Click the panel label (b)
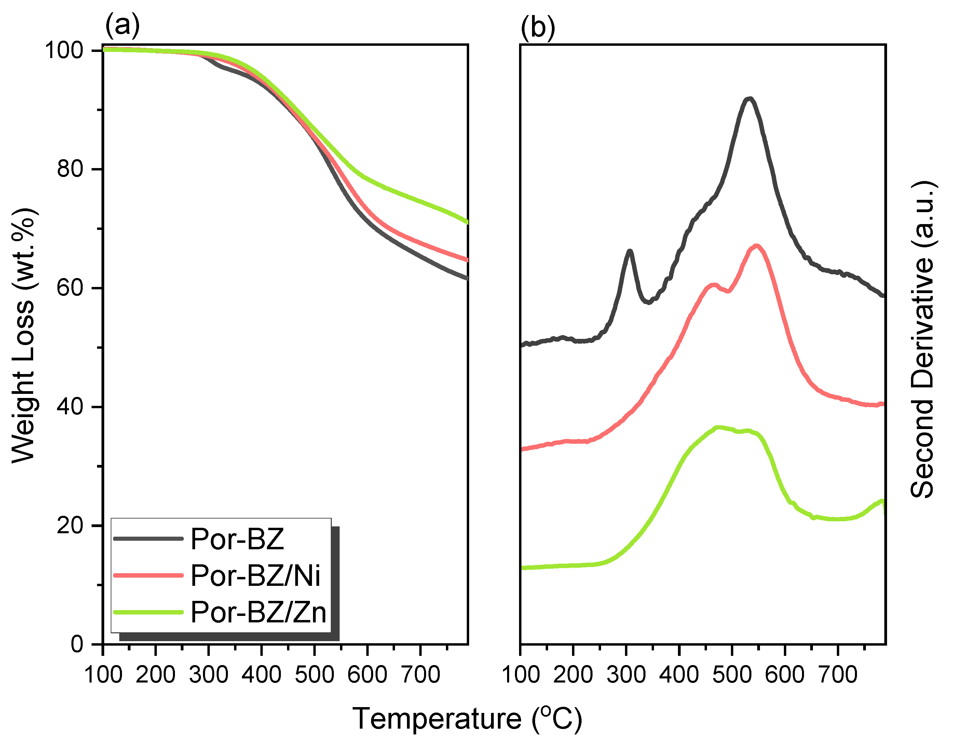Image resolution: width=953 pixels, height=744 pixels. click(x=537, y=28)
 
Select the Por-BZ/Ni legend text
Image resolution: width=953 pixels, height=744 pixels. click(x=256, y=576)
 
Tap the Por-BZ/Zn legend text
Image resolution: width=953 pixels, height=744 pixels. click(x=258, y=612)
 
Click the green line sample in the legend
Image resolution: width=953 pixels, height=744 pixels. click(x=148, y=612)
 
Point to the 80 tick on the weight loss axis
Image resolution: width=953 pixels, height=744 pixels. click(x=70, y=169)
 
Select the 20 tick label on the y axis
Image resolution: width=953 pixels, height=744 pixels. click(x=70, y=525)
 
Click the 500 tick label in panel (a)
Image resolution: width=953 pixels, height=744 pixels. click(x=314, y=675)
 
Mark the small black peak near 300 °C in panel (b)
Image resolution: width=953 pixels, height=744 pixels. click(x=629, y=252)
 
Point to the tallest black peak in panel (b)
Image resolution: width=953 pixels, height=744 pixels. click(x=749, y=99)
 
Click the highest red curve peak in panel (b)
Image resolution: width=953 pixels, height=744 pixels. click(x=756, y=246)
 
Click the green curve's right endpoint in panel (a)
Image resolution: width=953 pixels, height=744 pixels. click(x=467, y=222)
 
